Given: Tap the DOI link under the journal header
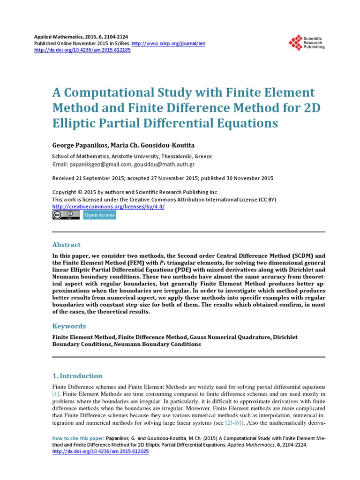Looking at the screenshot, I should click(83, 50).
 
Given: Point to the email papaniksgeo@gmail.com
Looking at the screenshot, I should click(99, 165).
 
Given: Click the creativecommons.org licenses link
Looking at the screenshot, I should click(108, 206).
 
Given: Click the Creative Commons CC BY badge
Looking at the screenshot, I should click(66, 215).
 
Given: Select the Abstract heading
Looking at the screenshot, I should click(66, 245).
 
